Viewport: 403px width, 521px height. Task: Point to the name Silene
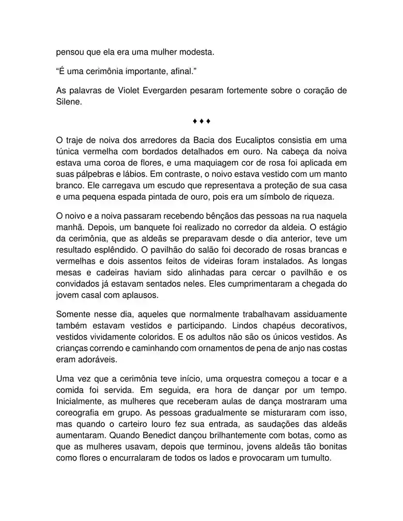69,102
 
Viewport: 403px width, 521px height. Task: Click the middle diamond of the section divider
201,122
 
